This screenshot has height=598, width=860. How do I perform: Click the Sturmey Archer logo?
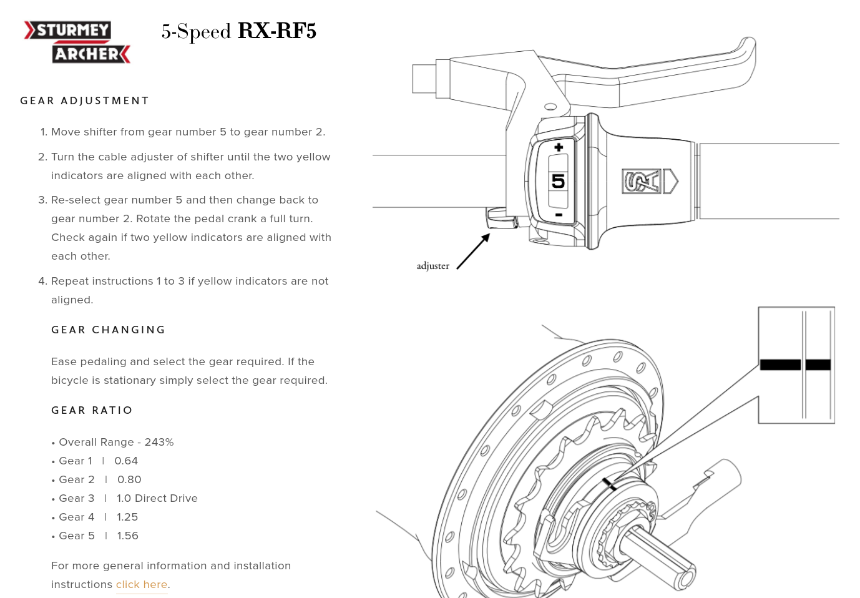point(77,42)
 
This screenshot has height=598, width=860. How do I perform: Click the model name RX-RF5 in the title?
point(277,31)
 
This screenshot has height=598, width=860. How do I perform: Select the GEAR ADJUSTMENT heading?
point(85,100)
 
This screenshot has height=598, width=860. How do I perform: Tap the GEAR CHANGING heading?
point(109,330)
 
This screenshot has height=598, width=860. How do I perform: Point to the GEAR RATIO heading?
point(92,410)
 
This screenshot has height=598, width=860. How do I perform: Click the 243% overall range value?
point(159,442)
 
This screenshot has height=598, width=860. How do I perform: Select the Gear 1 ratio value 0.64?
point(126,461)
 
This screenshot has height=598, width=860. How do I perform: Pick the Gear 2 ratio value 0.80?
point(129,479)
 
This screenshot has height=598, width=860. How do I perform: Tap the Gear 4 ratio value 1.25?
point(127,517)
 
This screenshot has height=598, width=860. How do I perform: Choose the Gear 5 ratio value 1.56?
point(127,536)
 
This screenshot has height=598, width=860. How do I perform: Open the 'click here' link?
point(142,584)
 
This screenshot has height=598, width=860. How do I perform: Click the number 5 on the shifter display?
point(558,181)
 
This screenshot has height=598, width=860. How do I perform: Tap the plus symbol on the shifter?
point(559,147)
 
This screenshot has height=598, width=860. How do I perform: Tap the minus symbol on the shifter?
point(559,215)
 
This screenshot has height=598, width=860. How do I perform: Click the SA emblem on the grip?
point(642,181)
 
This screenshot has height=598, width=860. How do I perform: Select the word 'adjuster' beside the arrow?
point(432,266)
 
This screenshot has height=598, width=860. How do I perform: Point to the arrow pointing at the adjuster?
point(474,251)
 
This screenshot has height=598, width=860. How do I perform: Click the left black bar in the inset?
point(780,365)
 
